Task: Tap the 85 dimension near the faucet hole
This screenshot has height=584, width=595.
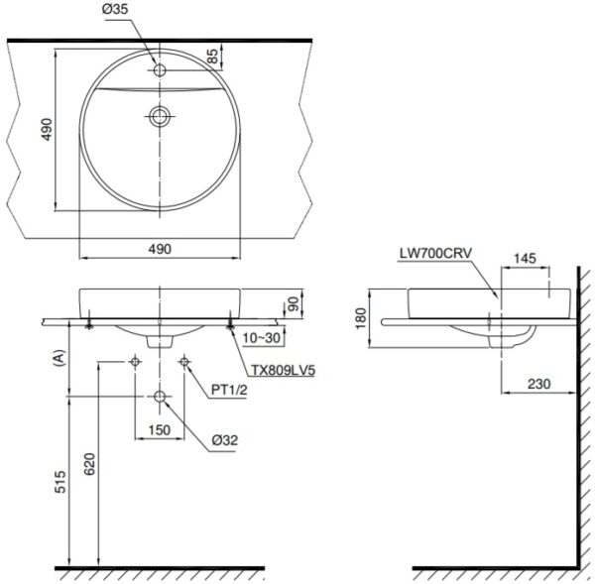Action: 212,57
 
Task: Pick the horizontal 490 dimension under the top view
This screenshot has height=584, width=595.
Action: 160,249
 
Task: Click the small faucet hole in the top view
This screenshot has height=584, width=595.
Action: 160,71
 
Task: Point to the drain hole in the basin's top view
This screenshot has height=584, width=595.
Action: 160,116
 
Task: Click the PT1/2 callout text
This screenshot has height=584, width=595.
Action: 228,389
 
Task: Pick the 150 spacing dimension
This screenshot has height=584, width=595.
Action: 160,429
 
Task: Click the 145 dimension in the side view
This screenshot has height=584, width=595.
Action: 526,258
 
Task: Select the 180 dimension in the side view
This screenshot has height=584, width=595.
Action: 359,318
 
